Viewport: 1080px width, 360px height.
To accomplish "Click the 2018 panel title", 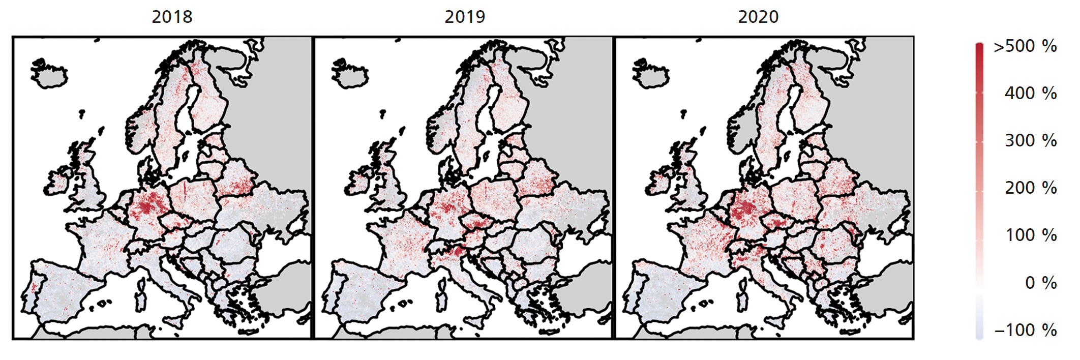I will point(172,17).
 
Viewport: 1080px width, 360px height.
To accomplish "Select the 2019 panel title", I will point(465,17).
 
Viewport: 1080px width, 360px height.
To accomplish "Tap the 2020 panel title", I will point(758,17).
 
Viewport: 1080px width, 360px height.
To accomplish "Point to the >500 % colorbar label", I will point(1025,46).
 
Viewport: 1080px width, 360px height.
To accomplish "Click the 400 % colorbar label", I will point(1031,94).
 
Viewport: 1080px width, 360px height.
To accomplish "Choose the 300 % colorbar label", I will point(1031,141).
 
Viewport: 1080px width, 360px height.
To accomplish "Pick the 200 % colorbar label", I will point(1031,188).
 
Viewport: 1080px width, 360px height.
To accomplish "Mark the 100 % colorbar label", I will point(1031,235).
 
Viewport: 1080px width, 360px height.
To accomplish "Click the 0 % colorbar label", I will point(1040,283).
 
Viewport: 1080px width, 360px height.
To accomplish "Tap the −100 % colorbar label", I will point(1025,330).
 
